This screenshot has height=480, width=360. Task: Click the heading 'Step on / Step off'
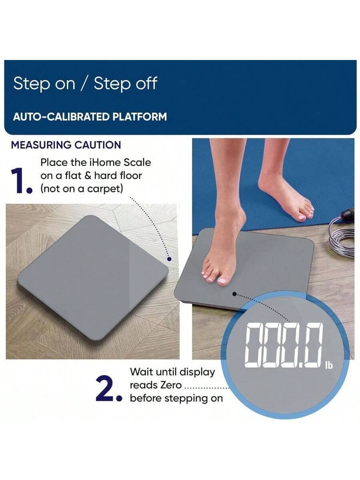[x=85, y=84]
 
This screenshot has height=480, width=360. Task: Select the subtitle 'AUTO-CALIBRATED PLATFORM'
[x=90, y=117]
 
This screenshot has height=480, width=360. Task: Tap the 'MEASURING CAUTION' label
[x=66, y=145]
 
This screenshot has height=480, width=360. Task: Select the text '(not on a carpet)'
[x=81, y=189]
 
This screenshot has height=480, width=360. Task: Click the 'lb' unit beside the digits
[x=328, y=365]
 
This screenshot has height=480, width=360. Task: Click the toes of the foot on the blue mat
[x=306, y=212]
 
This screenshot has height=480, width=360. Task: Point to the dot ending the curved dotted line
[x=170, y=258]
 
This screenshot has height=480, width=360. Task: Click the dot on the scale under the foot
[x=234, y=294]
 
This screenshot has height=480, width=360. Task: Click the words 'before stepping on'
[x=176, y=398]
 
